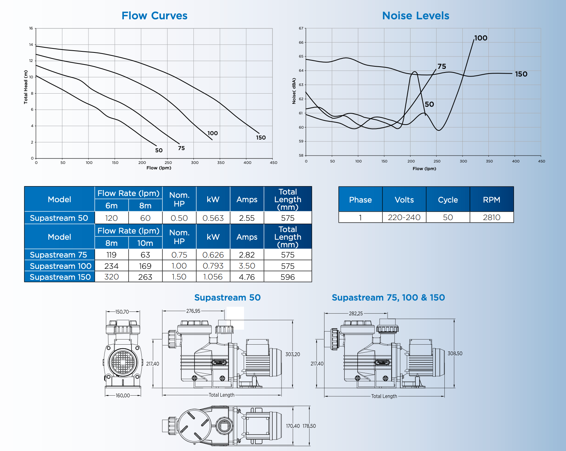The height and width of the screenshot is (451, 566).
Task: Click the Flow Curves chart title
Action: coord(154,16)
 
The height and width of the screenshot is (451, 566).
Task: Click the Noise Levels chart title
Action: coord(416,16)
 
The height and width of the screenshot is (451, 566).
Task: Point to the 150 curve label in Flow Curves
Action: coord(261,138)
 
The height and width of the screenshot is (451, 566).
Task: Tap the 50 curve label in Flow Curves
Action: coord(159,150)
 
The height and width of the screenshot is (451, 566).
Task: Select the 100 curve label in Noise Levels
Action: coord(481,38)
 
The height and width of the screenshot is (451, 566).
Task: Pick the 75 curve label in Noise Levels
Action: coord(441,66)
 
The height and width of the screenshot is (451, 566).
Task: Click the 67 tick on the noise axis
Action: coord(301,28)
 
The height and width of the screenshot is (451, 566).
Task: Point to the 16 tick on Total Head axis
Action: coord(31,28)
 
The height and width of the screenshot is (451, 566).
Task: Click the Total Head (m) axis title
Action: coord(25,87)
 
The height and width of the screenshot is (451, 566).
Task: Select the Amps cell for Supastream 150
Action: coord(247,277)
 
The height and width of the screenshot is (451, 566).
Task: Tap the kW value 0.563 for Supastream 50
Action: coord(213,218)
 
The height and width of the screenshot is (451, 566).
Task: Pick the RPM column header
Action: coord(491,200)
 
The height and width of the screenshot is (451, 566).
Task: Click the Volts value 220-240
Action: coord(404,217)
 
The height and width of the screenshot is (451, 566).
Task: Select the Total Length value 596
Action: coord(287,277)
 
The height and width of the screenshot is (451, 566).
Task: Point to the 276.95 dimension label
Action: coord(193,311)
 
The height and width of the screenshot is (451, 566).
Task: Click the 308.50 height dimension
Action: coord(455,353)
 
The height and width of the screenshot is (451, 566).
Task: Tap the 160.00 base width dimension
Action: coord(123,396)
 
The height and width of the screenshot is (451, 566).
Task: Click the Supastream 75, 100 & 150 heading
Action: coord(388,298)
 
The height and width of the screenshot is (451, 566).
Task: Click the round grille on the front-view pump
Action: coord(123,362)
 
